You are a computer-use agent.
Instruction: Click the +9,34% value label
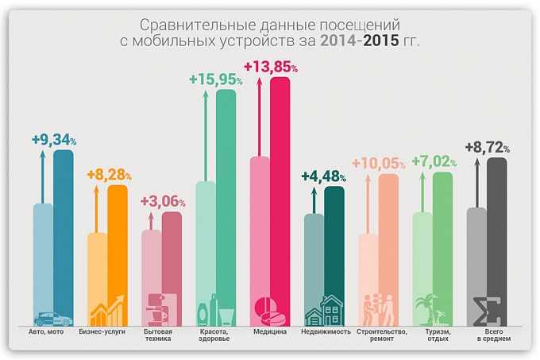pyautogui.click(x=54, y=140)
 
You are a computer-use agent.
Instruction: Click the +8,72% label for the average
pyautogui.click(x=487, y=148)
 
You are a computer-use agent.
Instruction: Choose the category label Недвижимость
pyautogui.click(x=325, y=331)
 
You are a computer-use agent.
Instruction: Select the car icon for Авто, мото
pyautogui.click(x=52, y=318)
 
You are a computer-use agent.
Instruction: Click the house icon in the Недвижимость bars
pyautogui.click(x=325, y=311)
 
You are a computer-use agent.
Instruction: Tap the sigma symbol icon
pyautogui.click(x=486, y=311)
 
